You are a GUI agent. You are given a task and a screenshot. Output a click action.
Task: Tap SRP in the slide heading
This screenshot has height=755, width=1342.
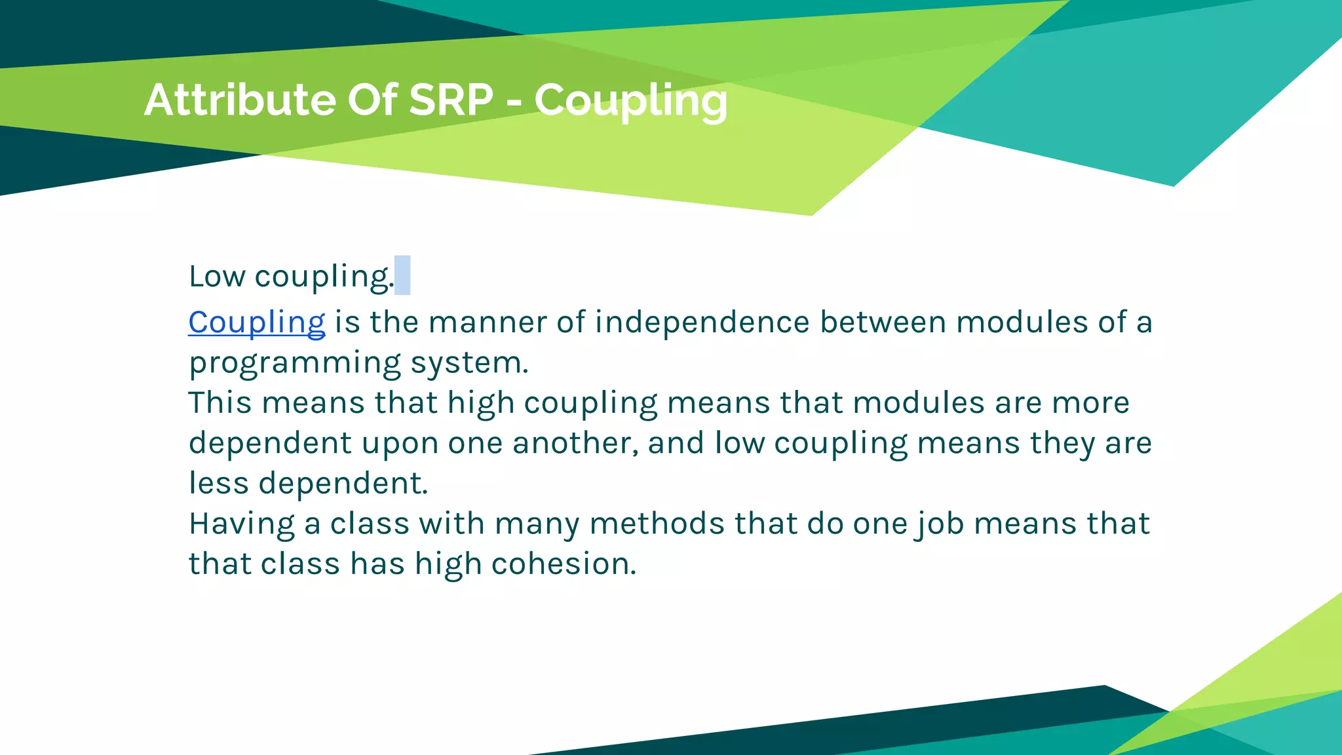(451, 100)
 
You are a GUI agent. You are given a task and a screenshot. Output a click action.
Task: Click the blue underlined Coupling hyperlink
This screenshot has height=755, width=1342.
(256, 322)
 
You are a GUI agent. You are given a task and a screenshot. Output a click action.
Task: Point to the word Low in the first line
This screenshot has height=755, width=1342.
(217, 276)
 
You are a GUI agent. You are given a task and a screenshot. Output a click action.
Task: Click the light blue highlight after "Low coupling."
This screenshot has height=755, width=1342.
(402, 275)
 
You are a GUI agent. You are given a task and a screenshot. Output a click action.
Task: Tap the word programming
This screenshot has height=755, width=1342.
(295, 363)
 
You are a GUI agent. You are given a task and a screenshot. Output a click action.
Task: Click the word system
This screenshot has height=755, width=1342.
(469, 363)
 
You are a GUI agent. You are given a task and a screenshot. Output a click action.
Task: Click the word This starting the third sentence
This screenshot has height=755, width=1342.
(220, 403)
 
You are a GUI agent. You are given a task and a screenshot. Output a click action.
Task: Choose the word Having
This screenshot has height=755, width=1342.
(242, 524)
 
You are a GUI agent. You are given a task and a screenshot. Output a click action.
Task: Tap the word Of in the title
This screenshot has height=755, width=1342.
(372, 100)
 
